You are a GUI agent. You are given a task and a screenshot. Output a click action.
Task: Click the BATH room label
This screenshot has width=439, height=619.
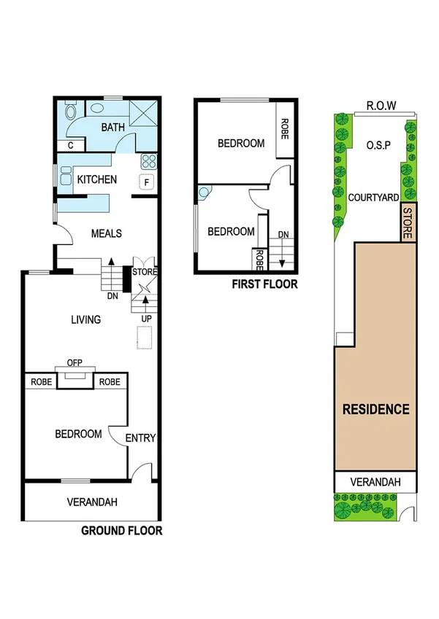coord(113,128)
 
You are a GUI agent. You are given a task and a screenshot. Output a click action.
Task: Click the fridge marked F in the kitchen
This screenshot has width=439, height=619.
coord(147,182)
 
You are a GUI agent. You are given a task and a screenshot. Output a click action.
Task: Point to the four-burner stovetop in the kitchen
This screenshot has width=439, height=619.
coord(149,161)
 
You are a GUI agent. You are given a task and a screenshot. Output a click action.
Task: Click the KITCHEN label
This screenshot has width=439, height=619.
coord(97,179)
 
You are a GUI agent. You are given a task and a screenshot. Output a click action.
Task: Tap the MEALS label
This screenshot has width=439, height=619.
coord(106,233)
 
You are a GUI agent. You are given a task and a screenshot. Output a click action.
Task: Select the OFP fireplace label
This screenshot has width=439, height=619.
coord(75,363)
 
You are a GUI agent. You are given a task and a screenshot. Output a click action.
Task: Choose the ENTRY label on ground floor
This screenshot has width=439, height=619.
coord(140,437)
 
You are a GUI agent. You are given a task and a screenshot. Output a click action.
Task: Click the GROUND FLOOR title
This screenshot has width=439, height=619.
coord(121,531)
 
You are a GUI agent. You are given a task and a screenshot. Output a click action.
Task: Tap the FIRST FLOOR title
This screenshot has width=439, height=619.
coord(264,284)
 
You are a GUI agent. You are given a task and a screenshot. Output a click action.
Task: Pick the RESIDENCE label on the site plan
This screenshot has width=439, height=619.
coord(376,409)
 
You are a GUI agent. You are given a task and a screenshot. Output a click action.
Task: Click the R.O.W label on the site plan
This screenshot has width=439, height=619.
coord(381,106)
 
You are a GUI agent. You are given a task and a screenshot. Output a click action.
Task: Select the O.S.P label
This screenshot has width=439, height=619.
coord(379,145)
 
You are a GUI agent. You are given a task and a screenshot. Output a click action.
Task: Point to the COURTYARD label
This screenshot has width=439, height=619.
coord(373,198)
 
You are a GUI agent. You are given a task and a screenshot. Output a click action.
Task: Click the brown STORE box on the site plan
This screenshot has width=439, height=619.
coord(409,223)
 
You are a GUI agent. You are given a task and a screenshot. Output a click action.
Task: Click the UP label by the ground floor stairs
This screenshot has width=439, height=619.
coord(145,318)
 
